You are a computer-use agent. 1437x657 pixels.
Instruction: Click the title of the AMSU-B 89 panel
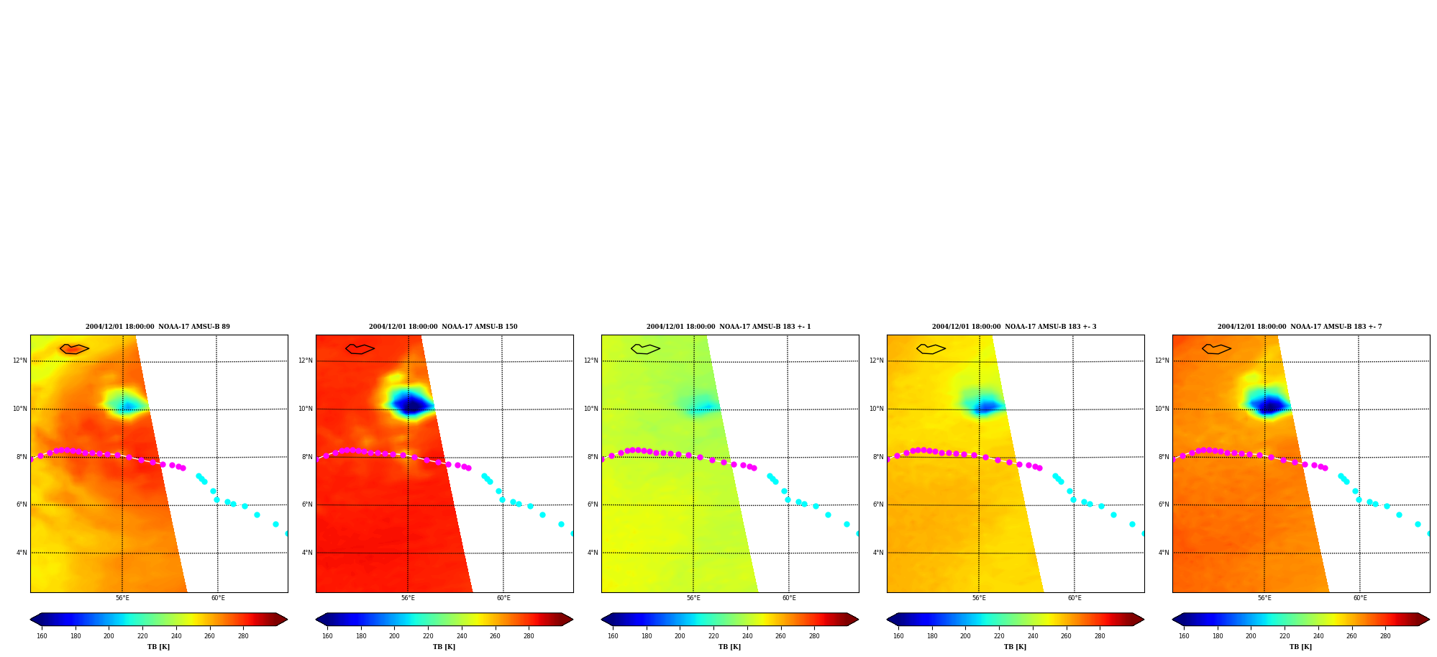158,327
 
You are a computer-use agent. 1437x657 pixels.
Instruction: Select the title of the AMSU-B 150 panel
443,327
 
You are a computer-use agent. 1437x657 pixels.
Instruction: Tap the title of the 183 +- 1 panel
729,327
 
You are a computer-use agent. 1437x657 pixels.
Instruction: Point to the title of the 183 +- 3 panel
1014,327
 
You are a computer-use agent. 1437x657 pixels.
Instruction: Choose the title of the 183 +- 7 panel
1300,327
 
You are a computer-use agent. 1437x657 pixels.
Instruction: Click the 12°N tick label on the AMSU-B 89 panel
19,361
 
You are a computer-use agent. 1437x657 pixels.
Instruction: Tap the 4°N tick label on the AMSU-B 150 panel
307,553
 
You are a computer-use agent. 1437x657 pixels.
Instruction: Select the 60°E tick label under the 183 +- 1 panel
789,598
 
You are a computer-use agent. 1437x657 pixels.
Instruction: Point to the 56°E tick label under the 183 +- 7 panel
1264,598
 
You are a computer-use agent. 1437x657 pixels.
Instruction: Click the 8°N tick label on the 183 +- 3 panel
878,457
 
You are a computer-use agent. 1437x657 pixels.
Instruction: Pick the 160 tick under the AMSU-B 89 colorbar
42,636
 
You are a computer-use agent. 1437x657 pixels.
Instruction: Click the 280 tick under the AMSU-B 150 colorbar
529,636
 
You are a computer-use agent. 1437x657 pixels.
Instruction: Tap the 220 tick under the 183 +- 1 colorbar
713,636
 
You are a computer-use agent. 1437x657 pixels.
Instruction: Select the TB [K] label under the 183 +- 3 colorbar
1015,647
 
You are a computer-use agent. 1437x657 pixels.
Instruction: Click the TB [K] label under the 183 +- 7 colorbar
1300,647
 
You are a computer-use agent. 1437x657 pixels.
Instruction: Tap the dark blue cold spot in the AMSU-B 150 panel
410,404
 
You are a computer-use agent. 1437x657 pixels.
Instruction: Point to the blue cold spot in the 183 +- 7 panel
1267,405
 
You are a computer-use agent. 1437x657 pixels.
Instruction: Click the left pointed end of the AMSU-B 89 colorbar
31,620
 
